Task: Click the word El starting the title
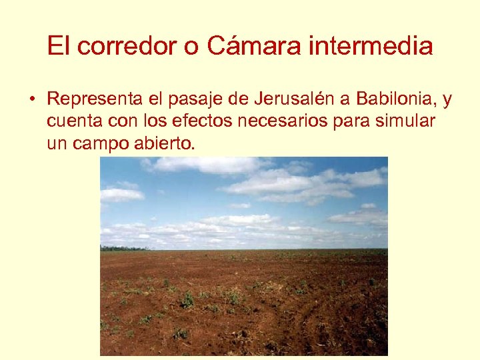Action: click(57, 46)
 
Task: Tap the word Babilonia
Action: click(395, 100)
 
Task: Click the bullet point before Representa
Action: click(31, 101)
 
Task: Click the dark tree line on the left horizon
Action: click(117, 248)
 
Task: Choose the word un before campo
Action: click(56, 143)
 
